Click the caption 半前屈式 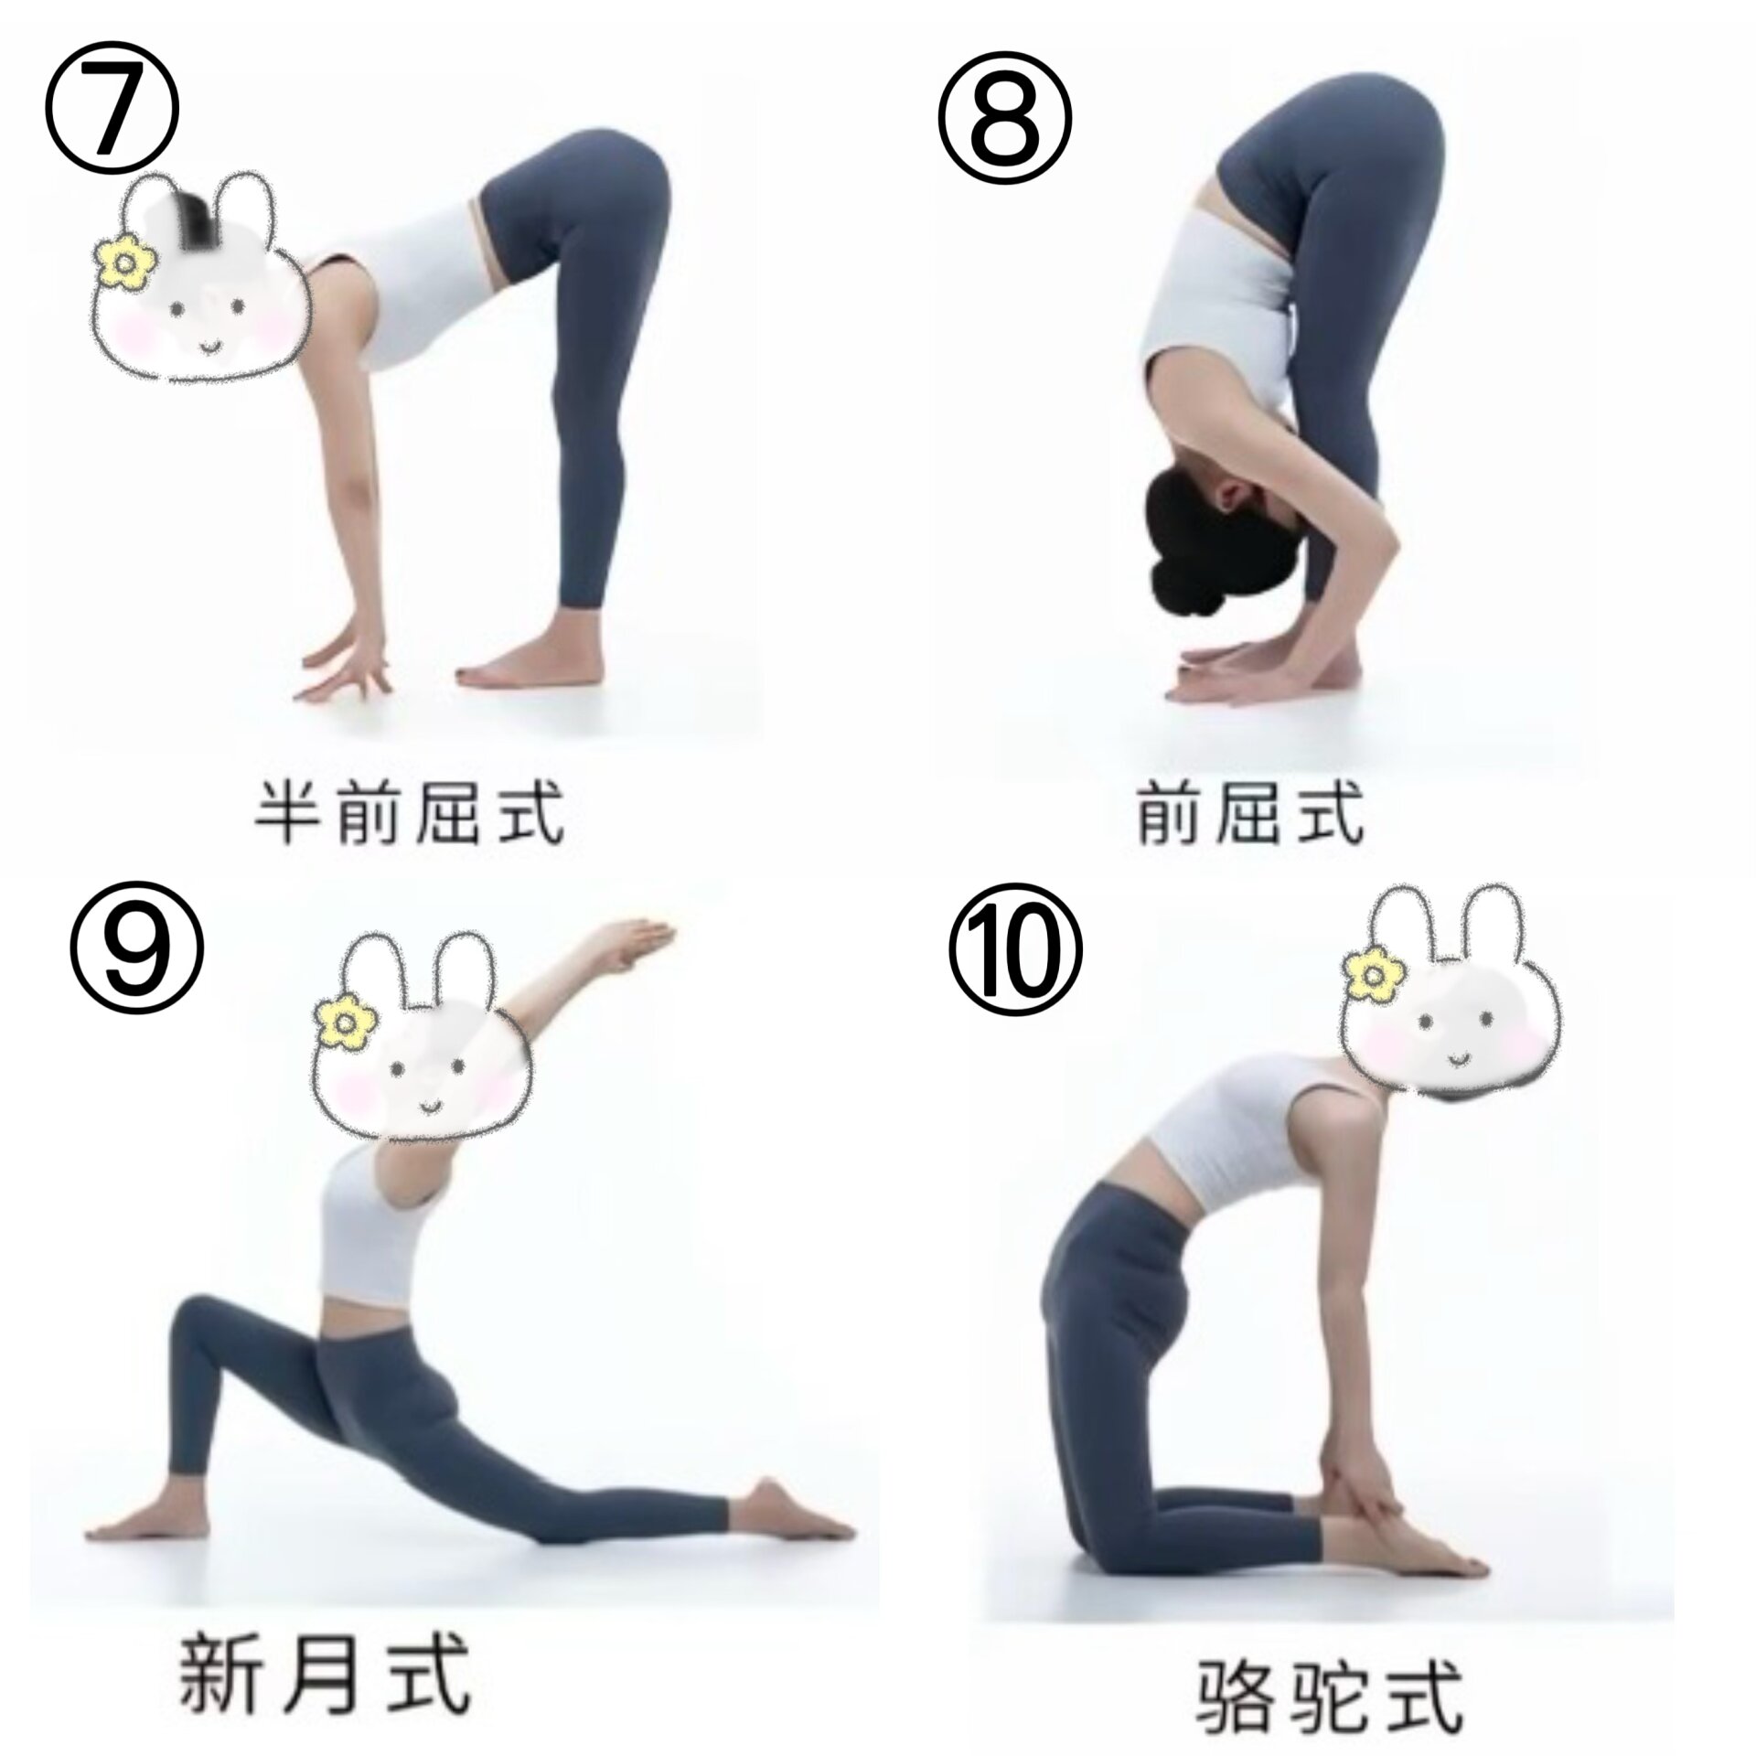pos(409,811)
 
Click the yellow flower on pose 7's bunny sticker pos(125,260)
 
